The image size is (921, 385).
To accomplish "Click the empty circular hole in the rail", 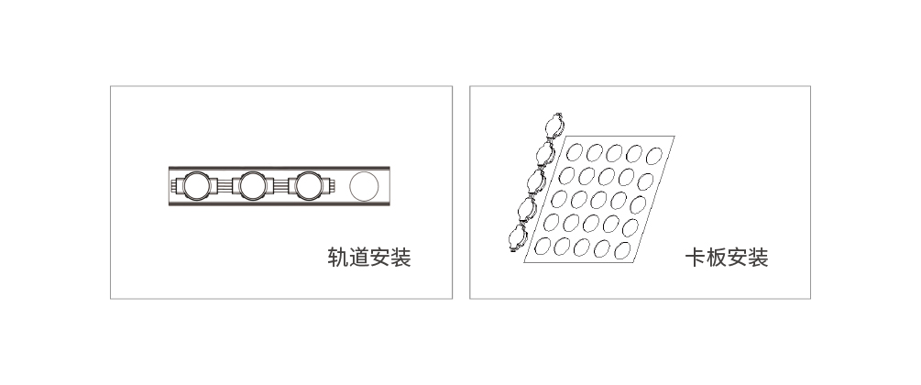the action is [364, 186].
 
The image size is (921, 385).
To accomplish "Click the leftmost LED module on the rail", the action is [197, 186].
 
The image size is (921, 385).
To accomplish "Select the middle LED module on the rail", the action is [253, 186].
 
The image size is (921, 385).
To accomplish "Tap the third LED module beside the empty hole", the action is [309, 186].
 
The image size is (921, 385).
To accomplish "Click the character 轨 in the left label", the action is [338, 258].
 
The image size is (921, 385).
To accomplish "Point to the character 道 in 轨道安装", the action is [359, 258].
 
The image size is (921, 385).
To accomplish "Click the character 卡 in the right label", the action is [696, 258].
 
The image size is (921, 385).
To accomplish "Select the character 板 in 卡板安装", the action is [717, 258].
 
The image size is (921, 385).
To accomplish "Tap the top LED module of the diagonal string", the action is [554, 126].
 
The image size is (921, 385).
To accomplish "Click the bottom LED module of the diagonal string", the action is [518, 237].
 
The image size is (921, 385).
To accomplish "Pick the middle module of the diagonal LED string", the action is [536, 181].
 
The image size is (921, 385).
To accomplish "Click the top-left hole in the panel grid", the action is [575, 152].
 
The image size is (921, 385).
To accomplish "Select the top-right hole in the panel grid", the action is [653, 156].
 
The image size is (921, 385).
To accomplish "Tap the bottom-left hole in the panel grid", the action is [543, 246].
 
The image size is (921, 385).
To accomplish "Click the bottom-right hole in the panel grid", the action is [622, 250].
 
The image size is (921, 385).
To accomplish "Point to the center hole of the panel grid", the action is [598, 200].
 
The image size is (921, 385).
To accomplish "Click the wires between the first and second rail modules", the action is [225, 186].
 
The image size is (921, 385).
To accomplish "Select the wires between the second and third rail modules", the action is [280, 186].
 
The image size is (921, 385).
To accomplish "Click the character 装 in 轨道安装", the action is [400, 258].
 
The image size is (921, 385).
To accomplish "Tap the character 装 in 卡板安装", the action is [758, 258].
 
